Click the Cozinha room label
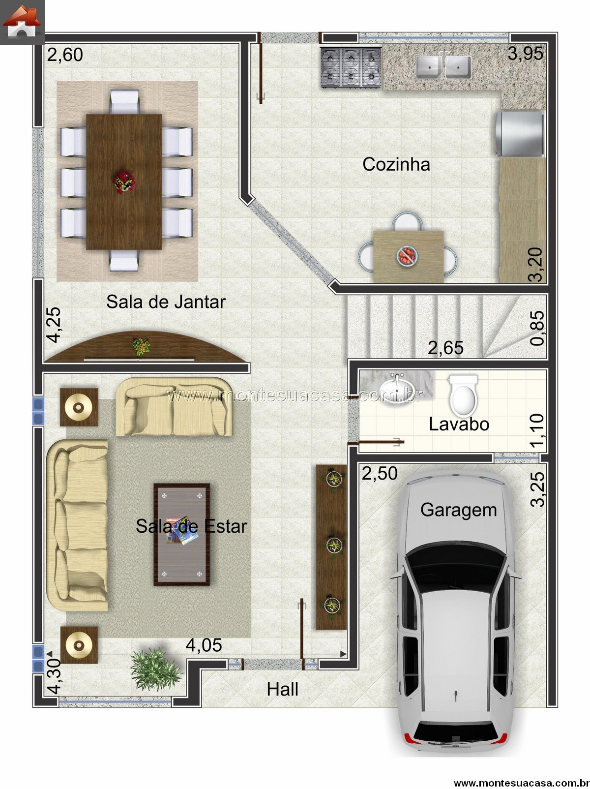pos(396,165)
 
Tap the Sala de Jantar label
pos(166,302)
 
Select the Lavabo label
pos(459,424)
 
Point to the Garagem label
pos(459,511)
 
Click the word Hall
pos(282,690)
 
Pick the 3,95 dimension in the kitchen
pos(525,54)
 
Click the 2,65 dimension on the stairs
pos(445,348)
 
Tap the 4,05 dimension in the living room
pos(204,645)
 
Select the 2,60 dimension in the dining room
pos(65,55)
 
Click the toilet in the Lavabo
pos(463,395)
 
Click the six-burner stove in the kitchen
pos(351,67)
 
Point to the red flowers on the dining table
pos(124,182)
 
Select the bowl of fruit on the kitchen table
pos(407,255)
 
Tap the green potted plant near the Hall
pos(155,669)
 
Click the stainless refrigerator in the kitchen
pos(520,134)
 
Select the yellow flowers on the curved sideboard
pos(141,346)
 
